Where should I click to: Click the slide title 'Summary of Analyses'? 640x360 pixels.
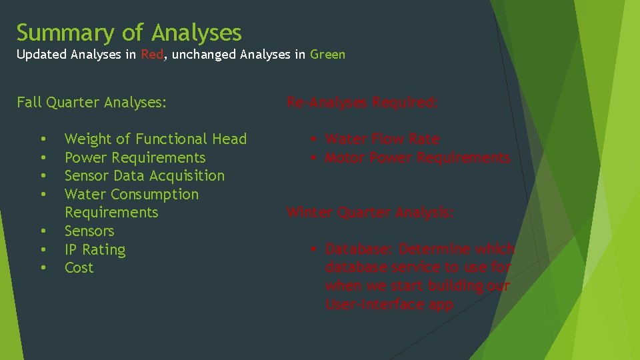tap(129, 32)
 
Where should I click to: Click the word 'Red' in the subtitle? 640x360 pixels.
tap(152, 55)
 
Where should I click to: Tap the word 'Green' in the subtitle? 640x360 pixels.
tap(327, 55)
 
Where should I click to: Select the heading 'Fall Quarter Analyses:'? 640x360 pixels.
tap(91, 103)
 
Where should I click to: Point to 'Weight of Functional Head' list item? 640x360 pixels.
tap(155, 139)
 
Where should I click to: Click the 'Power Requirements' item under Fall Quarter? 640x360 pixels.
tap(135, 158)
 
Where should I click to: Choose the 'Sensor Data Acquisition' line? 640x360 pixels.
tap(144, 176)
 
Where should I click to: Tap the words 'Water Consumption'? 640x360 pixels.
tap(131, 195)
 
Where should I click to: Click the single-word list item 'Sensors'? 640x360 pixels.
tap(89, 231)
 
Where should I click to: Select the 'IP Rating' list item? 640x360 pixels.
tap(95, 250)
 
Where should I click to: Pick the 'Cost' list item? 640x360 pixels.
tap(79, 268)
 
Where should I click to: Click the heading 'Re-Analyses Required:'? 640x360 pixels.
tap(362, 103)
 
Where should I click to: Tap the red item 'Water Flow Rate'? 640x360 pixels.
tap(382, 139)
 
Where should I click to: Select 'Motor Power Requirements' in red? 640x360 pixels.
tap(417, 158)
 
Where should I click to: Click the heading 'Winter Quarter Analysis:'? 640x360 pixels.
tap(370, 213)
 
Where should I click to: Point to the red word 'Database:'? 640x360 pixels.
tap(359, 249)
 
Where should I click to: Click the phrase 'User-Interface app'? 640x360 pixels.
tap(389, 305)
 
